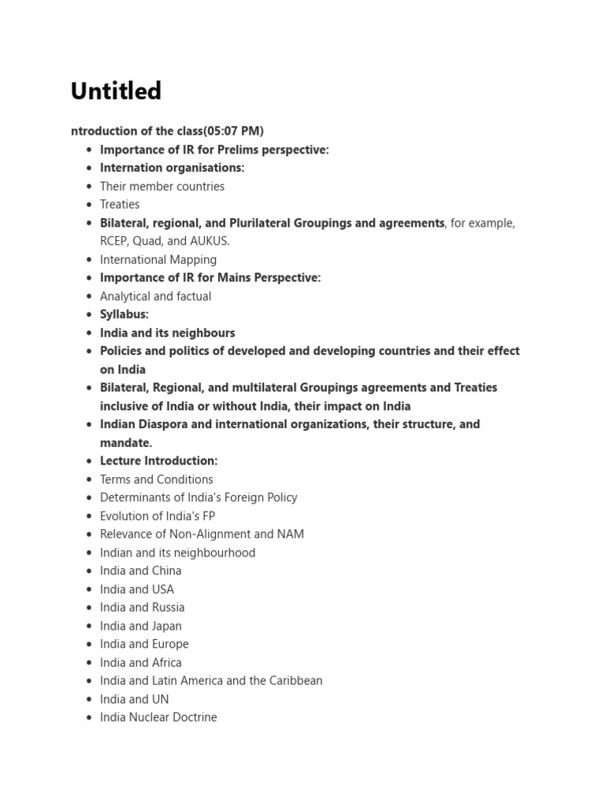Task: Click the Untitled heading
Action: coord(116,91)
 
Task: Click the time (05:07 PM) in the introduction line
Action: coord(234,131)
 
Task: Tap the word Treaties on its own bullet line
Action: coord(120,205)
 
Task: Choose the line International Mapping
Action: coord(158,260)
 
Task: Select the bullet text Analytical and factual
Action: coord(155,297)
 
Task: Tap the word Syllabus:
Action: coord(124,315)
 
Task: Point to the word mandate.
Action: coord(124,443)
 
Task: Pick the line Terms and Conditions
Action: coord(157,479)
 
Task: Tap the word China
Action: coord(167,571)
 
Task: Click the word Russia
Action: coord(169,608)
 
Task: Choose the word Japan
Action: coord(167,627)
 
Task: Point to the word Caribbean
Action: coord(295,681)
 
